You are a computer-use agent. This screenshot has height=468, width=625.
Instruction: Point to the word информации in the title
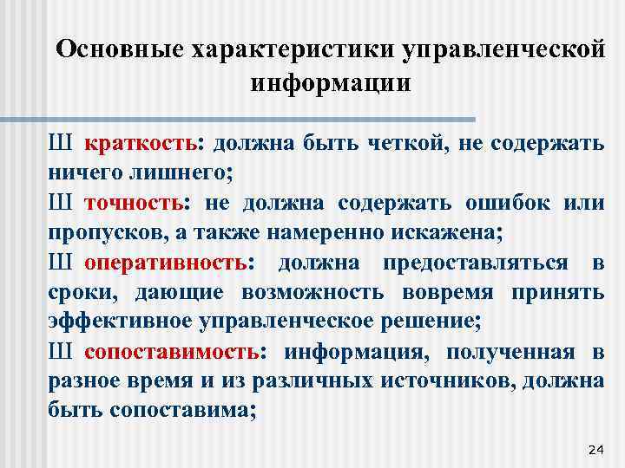[x=330, y=83]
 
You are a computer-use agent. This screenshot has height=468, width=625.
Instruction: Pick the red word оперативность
[x=178, y=262]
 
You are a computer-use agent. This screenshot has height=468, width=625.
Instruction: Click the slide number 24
[x=595, y=448]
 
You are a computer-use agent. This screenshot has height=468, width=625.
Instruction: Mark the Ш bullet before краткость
[x=60, y=143]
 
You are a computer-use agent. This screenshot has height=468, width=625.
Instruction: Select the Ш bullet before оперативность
[x=60, y=262]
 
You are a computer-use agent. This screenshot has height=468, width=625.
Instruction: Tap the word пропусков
[x=96, y=232]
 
